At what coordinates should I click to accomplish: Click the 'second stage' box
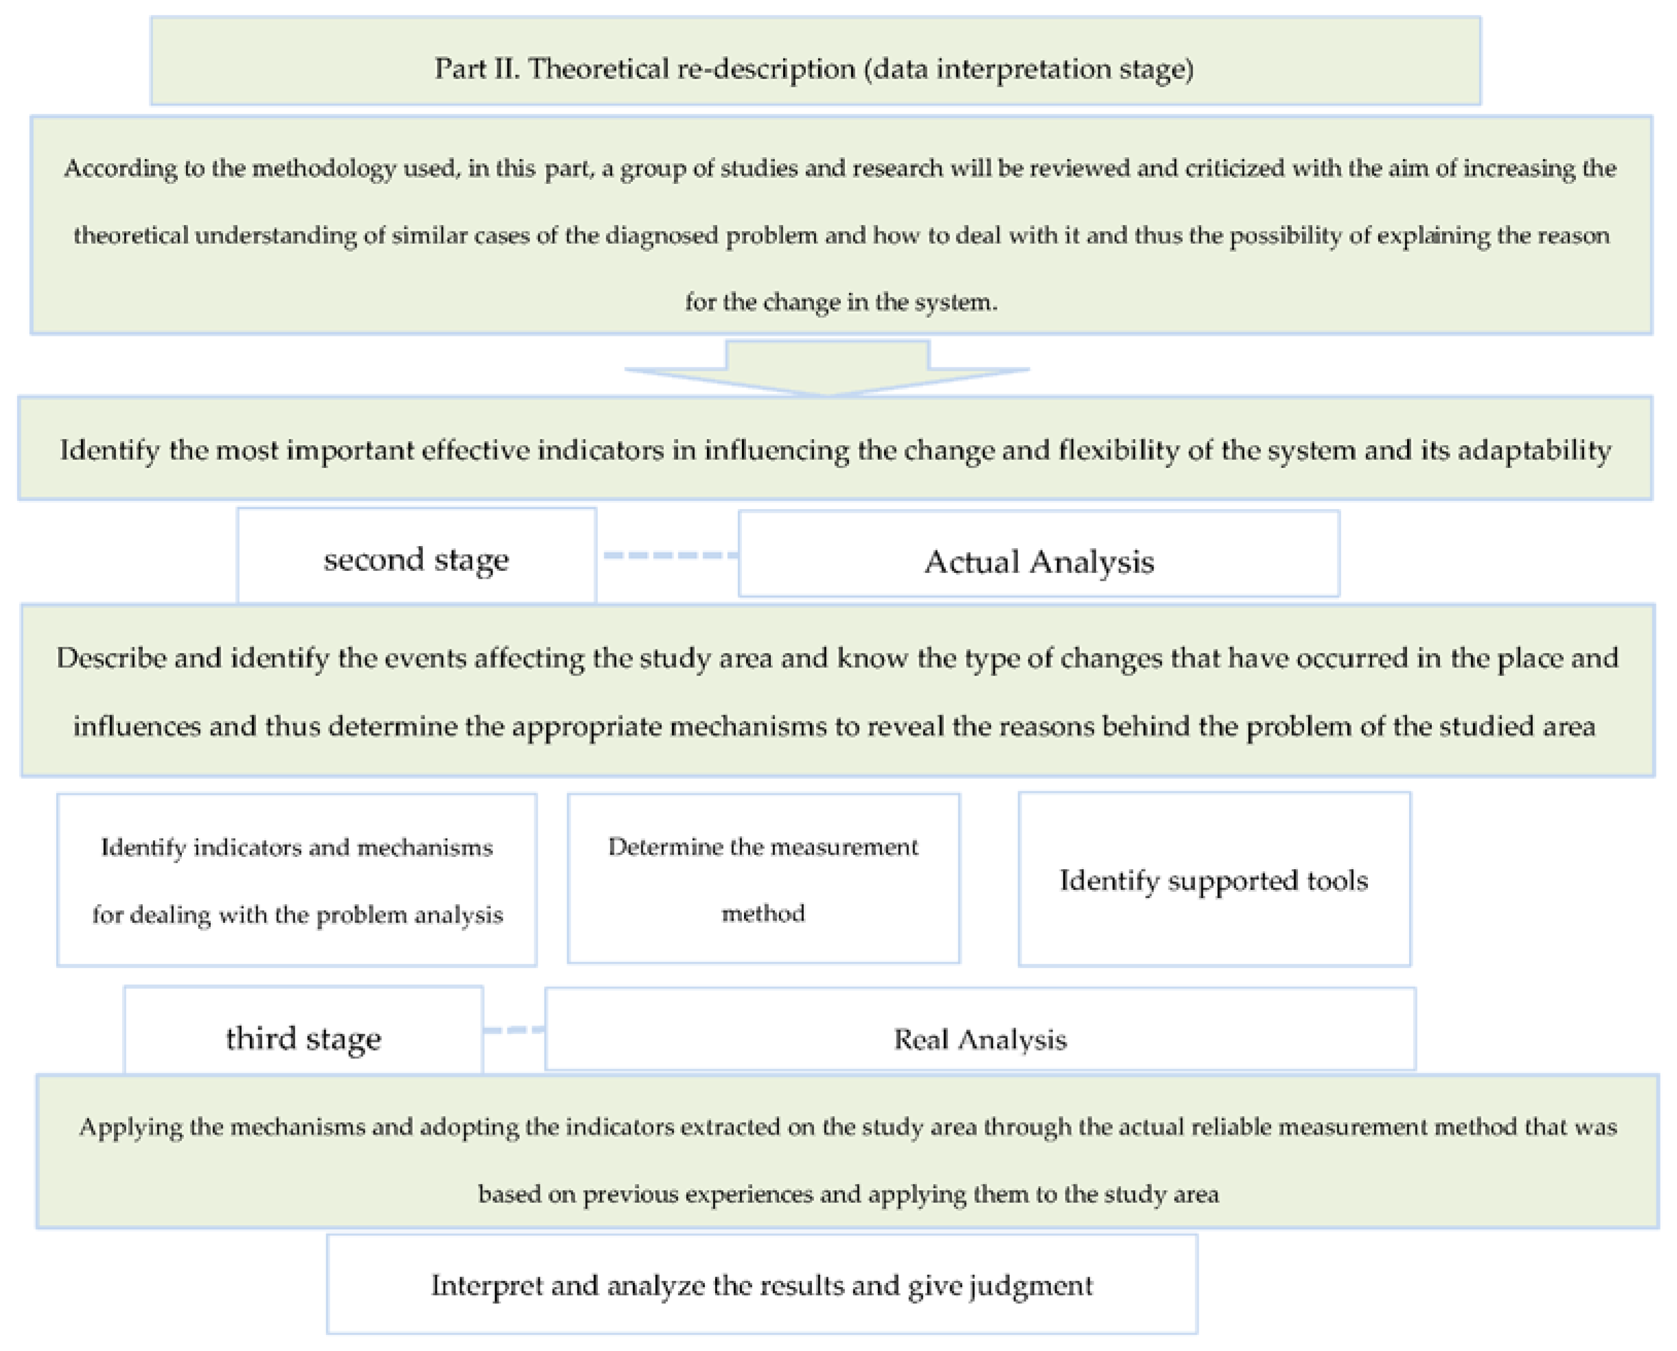pyautogui.click(x=416, y=559)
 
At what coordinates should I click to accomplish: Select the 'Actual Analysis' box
pyautogui.click(x=1038, y=560)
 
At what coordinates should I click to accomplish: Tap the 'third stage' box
pyautogui.click(x=303, y=1037)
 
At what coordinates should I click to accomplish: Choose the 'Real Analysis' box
pyautogui.click(x=980, y=1038)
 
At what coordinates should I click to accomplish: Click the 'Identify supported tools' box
pyautogui.click(x=1213, y=880)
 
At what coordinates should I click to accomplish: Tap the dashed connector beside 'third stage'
pyautogui.click(x=514, y=1029)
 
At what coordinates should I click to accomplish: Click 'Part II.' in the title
pyautogui.click(x=476, y=69)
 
